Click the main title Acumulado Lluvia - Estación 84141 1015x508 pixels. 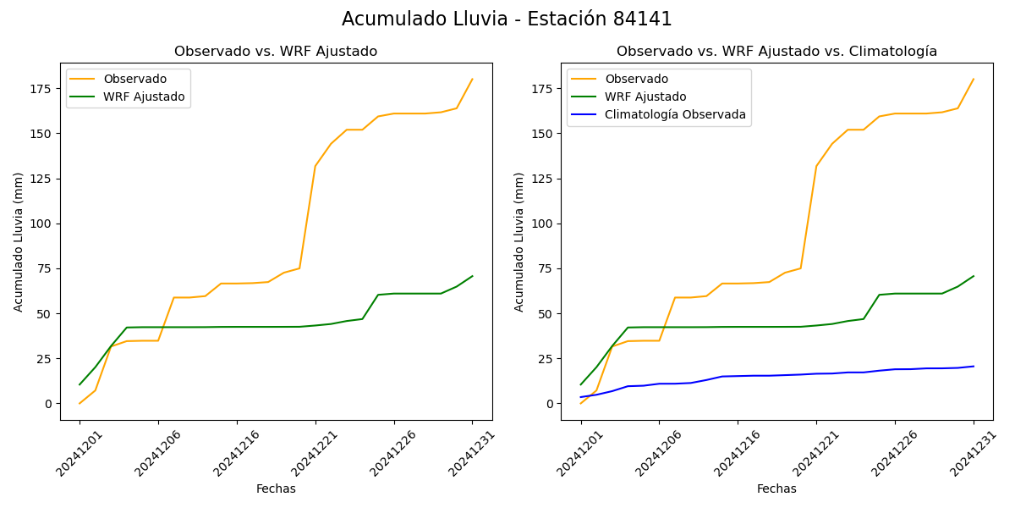507,19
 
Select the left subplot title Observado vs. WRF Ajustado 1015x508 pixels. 276,52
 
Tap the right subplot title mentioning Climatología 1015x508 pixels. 776,52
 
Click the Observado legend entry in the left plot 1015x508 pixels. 134,79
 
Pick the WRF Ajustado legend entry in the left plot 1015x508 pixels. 144,97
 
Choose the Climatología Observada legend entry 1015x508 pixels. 675,114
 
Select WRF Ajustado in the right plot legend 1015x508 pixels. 645,97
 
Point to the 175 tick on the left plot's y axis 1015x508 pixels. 42,89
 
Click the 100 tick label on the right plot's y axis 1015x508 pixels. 543,224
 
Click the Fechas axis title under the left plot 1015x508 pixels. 276,489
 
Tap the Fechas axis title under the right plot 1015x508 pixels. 776,489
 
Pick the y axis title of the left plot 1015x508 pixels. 19,241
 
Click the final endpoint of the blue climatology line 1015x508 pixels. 974,367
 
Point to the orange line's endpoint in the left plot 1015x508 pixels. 472,80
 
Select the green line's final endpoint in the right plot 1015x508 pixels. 974,276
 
